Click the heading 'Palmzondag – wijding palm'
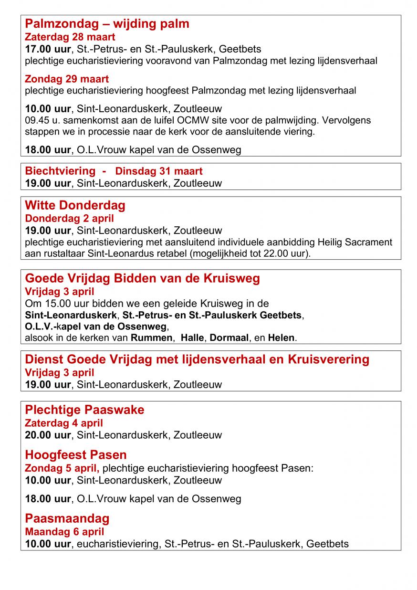pyautogui.click(x=107, y=24)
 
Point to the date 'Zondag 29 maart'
pyautogui.click(x=67, y=79)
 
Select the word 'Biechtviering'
pyautogui.click(x=60, y=171)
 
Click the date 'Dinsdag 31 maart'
pyautogui.click(x=159, y=171)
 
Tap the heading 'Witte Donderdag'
pyautogui.click(x=75, y=205)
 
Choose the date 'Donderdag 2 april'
pyautogui.click(x=69, y=219)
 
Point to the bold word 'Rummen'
pyautogui.click(x=152, y=338)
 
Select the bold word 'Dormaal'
pyautogui.click(x=229, y=338)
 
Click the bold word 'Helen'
pyautogui.click(x=281, y=338)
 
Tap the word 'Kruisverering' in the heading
pyautogui.click(x=329, y=359)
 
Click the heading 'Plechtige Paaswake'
pyautogui.click(x=84, y=410)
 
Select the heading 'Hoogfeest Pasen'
pyautogui.click(x=75, y=455)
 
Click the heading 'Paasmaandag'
pyautogui.click(x=67, y=518)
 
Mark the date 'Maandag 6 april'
pyautogui.click(x=64, y=532)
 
